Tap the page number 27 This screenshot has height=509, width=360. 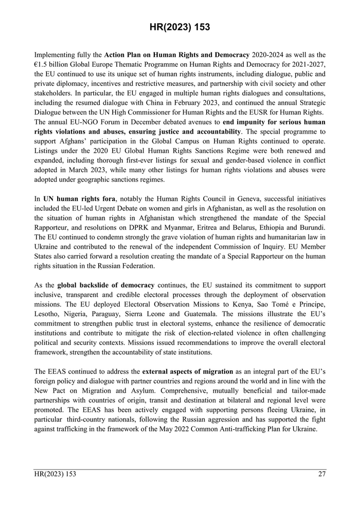point(321,474)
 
